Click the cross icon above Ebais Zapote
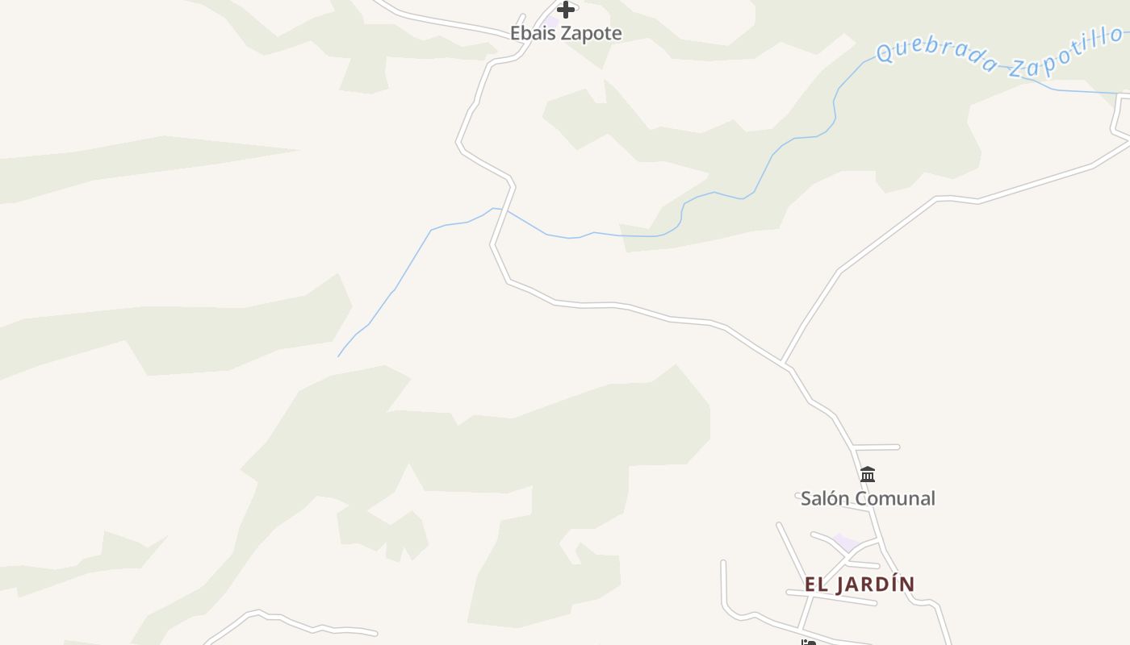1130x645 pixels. click(567, 10)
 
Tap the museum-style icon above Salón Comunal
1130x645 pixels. click(868, 474)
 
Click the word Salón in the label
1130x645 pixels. click(825, 498)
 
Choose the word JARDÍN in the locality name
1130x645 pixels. click(877, 584)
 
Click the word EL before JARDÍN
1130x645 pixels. click(817, 584)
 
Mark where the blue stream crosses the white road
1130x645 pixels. click(504, 210)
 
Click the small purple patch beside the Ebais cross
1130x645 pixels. click(552, 19)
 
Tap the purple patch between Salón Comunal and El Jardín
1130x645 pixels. click(846, 541)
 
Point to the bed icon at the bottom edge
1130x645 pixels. click(809, 642)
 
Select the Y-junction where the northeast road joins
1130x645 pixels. click(783, 363)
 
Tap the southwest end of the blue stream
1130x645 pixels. click(339, 356)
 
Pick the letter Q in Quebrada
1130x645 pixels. click(886, 53)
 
